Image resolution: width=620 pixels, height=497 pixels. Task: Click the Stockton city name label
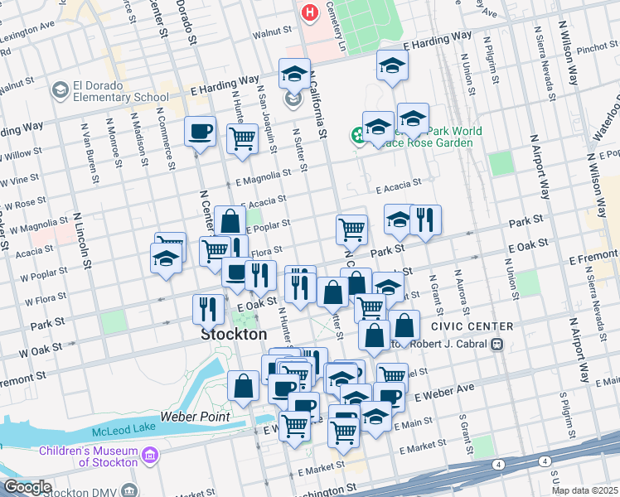pyautogui.click(x=235, y=335)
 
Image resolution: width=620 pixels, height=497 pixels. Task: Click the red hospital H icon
pyautogui.click(x=309, y=12)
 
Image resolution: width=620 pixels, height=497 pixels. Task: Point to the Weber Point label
pyautogui.click(x=195, y=417)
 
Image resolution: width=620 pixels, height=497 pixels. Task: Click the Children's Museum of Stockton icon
pyautogui.click(x=150, y=455)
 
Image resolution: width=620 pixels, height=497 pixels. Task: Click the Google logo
pyautogui.click(x=27, y=488)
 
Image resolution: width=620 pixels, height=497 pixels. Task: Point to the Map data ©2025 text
pyautogui.click(x=584, y=490)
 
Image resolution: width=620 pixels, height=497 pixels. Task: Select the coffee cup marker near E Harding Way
pyautogui.click(x=200, y=132)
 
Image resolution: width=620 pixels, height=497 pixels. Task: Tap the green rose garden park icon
pyautogui.click(x=358, y=134)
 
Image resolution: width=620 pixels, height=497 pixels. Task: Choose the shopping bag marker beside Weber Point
pyautogui.click(x=243, y=386)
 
